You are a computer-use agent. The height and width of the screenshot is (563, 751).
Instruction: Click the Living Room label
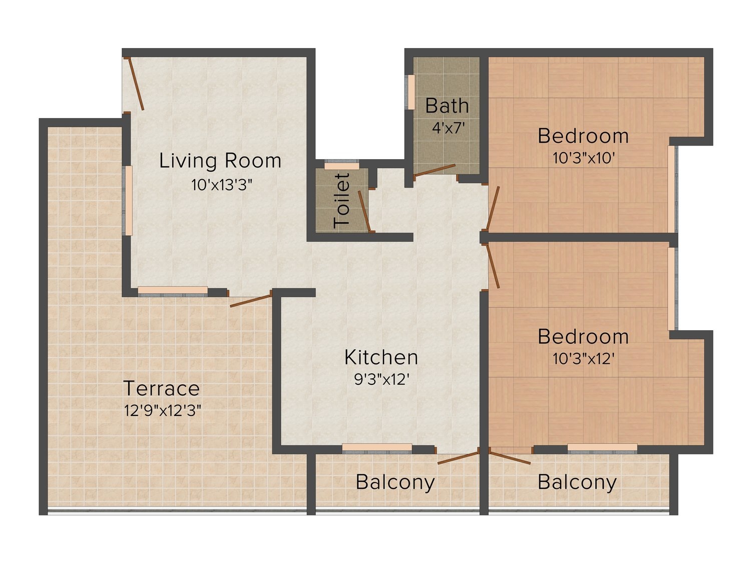pos(220,161)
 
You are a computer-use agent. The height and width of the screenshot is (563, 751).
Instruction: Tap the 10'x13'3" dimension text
pos(222,185)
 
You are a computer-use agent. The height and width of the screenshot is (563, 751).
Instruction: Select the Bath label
pos(447,106)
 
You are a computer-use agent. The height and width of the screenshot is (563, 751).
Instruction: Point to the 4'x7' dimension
pos(448,128)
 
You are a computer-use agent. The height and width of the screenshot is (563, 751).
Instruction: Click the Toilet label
pos(342,200)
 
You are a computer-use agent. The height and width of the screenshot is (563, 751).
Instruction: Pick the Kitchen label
pos(381,357)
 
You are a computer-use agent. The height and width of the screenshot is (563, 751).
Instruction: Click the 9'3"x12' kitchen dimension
pos(382,379)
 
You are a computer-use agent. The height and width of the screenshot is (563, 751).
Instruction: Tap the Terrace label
pos(162,388)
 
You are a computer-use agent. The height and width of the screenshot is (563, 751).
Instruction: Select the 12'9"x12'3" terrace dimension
pos(163,410)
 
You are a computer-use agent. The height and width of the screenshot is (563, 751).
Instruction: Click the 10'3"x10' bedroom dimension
pos(584,158)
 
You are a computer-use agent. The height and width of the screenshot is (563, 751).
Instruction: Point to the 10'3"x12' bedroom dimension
pos(584,359)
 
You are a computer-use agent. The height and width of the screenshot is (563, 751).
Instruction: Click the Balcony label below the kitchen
pos(395,483)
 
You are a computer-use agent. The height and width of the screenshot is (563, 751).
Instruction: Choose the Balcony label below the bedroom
pos(577,483)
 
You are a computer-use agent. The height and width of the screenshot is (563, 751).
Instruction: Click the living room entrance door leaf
pos(136,84)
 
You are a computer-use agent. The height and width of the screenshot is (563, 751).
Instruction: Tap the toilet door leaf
pos(364,211)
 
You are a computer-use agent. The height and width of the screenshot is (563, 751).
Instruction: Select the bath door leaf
pos(435,171)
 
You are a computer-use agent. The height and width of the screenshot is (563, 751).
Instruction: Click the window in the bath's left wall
pos(411,92)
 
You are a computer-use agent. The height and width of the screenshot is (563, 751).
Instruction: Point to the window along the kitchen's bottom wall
pos(377,448)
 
